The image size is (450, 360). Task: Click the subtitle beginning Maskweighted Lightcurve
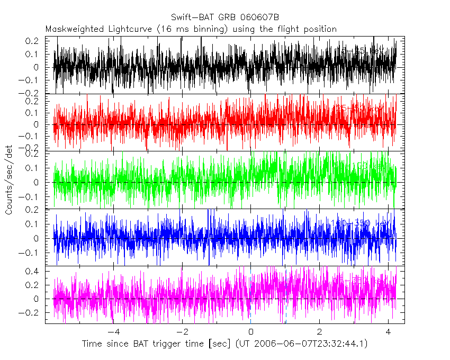[x=191, y=29]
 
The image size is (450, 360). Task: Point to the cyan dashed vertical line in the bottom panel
[x=286, y=296]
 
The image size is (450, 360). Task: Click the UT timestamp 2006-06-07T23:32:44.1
[x=310, y=344]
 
